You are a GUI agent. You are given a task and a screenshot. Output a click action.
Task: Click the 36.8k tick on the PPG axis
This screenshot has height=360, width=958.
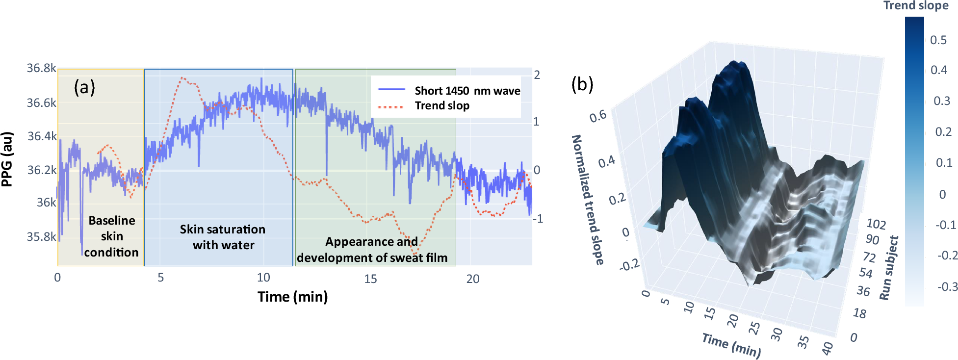(x=41, y=68)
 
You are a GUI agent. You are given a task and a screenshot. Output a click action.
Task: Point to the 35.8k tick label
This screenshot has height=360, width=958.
(x=41, y=237)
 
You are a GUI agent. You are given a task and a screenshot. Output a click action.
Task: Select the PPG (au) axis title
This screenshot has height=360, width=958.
(x=7, y=159)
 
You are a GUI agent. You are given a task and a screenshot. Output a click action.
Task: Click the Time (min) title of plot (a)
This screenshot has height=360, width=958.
(x=292, y=297)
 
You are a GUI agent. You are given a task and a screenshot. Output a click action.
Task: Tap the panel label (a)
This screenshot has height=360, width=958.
(x=84, y=87)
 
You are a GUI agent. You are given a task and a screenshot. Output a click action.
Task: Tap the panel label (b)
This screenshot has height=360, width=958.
(x=582, y=84)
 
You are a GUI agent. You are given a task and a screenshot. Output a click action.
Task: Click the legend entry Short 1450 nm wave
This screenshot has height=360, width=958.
(x=467, y=91)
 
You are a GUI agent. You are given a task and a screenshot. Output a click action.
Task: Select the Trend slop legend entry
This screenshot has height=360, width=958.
(x=441, y=106)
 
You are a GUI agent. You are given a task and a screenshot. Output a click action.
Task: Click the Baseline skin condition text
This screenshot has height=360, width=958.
(x=111, y=236)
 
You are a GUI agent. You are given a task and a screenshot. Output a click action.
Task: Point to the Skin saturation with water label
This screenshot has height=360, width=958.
(x=223, y=237)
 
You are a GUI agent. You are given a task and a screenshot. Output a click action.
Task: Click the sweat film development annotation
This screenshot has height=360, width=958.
(x=372, y=250)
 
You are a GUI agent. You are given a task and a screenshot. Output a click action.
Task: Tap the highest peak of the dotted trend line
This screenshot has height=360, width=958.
(x=182, y=77)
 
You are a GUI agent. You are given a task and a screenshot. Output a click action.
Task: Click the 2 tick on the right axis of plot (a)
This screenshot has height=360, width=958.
(x=537, y=75)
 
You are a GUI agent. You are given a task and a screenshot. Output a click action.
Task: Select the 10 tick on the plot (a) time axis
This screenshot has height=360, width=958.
(x=263, y=278)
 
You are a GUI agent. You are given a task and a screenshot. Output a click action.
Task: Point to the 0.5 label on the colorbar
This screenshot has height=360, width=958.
(x=938, y=40)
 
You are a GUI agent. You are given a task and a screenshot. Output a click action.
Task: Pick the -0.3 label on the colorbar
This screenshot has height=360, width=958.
(x=947, y=286)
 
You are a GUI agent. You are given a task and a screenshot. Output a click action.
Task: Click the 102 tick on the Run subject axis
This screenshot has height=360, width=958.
(x=876, y=224)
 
